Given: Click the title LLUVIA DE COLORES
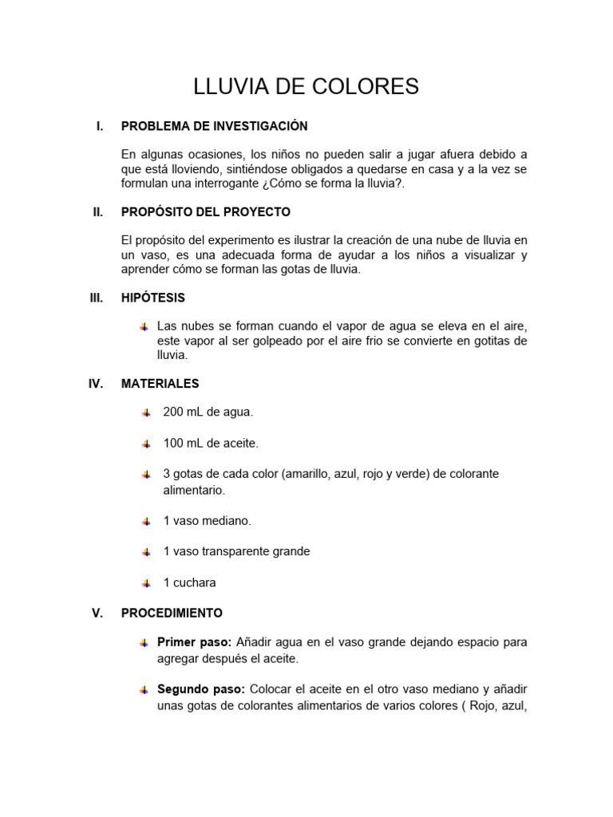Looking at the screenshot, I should tap(306, 87).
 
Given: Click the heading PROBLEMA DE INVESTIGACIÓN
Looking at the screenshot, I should tap(214, 126).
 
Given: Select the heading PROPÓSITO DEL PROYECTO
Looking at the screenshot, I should tap(205, 212).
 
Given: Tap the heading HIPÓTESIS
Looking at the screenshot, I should tap(152, 298).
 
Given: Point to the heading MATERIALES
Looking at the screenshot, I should tap(160, 384).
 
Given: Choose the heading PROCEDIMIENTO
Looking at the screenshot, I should tap(172, 614).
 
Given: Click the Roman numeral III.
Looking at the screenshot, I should tap(96, 298).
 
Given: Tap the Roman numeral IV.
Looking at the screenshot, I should tap(96, 384).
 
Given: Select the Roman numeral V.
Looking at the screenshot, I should tap(97, 614).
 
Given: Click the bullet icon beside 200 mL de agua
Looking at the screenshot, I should tap(146, 412).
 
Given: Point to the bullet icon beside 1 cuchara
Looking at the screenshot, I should tap(146, 583).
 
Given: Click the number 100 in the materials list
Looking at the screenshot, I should tap(173, 443).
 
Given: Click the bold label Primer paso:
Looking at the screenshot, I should tap(194, 642).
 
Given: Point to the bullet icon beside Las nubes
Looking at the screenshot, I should tap(144, 327).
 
